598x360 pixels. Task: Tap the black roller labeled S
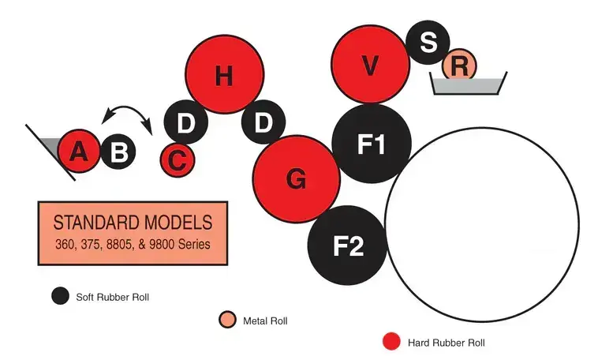pos(428,41)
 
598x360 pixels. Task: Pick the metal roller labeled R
pos(459,66)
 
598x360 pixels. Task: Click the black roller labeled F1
pos(372,144)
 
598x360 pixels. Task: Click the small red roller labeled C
pos(178,160)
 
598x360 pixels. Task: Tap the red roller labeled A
pos(78,150)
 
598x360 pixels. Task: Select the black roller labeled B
pos(118,151)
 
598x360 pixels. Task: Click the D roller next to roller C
pos(185,122)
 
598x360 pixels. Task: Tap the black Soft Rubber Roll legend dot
pos(60,296)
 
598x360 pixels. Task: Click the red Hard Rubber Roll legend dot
pos(391,342)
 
